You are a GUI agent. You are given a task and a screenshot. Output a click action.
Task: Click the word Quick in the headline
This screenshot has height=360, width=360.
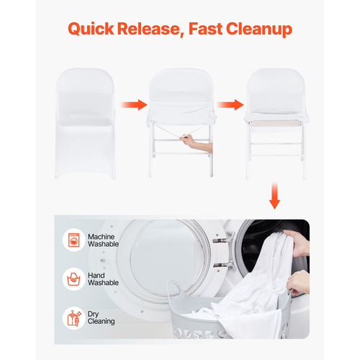tap(91, 29)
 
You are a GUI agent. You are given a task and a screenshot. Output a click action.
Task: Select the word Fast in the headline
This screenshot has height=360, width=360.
tap(205, 29)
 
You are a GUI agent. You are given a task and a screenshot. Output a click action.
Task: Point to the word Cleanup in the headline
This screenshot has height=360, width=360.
tap(259, 30)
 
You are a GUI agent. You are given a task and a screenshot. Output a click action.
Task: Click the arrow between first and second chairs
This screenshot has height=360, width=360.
tap(134, 104)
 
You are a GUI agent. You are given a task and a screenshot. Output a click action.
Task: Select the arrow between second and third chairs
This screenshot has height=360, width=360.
tap(230, 104)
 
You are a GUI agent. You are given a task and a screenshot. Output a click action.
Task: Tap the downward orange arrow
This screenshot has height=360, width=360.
tap(274, 196)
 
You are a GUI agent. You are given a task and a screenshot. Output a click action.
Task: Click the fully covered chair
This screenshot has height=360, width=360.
tap(85, 124)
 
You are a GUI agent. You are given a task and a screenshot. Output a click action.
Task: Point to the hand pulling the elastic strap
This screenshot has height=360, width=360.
tap(197, 143)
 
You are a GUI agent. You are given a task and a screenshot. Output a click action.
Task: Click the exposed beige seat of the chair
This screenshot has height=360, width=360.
tap(276, 123)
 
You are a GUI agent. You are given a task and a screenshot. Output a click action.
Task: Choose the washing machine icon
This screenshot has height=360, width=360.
tap(73, 240)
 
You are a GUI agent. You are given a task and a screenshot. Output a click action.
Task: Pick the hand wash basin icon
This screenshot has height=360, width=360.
tap(73, 279)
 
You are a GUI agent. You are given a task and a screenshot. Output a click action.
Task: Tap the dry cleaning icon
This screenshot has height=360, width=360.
tap(73, 318)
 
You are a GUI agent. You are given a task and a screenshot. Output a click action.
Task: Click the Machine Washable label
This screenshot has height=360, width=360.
tap(103, 240)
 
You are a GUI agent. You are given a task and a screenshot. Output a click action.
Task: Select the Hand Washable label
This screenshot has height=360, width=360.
tap(103, 279)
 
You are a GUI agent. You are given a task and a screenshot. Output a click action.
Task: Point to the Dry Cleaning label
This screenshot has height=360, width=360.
tap(101, 318)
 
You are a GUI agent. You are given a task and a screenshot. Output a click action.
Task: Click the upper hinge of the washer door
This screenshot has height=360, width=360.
tap(223, 238)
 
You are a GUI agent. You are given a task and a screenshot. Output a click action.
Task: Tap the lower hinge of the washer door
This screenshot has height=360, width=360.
tap(223, 266)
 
